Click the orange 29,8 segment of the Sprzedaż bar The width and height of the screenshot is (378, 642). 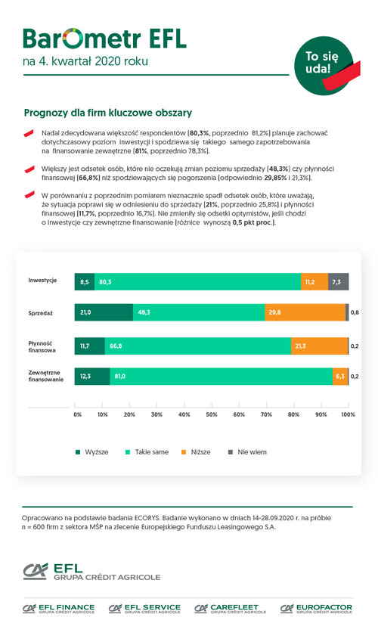[305, 312]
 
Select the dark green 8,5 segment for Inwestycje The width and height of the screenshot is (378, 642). [85, 282]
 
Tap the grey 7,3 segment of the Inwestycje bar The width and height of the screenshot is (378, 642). [338, 282]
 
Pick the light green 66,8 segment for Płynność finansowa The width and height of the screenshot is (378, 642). [198, 346]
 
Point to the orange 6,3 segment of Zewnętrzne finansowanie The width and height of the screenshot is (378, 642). [340, 377]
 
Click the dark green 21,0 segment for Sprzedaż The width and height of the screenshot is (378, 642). [104, 312]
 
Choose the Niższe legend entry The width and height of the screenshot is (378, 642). [196, 452]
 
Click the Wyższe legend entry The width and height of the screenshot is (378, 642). [92, 452]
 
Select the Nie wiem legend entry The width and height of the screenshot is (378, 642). [247, 452]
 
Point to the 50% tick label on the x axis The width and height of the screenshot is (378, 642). [212, 414]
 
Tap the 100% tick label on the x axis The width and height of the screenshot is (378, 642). [348, 414]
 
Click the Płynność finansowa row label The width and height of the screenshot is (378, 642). [42, 347]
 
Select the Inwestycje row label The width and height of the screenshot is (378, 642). [42, 281]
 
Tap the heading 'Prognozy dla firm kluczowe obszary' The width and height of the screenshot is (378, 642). [107, 113]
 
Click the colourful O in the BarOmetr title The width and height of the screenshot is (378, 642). [73, 39]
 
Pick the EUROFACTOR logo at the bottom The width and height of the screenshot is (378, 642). [316, 609]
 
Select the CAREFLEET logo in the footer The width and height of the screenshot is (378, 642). [230, 609]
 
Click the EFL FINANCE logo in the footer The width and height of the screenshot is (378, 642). [58, 609]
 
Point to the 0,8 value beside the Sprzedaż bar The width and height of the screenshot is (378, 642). [355, 312]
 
